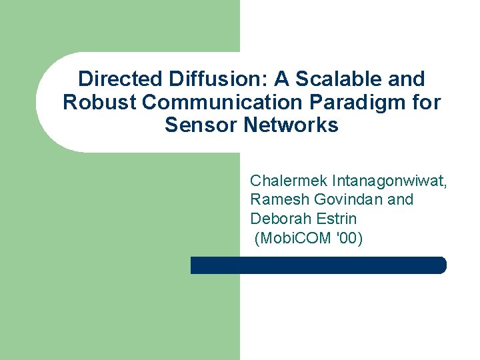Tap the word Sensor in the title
point(198,125)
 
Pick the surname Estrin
point(335,218)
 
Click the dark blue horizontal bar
point(318,265)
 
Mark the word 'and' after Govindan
point(401,199)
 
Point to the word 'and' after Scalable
point(405,79)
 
